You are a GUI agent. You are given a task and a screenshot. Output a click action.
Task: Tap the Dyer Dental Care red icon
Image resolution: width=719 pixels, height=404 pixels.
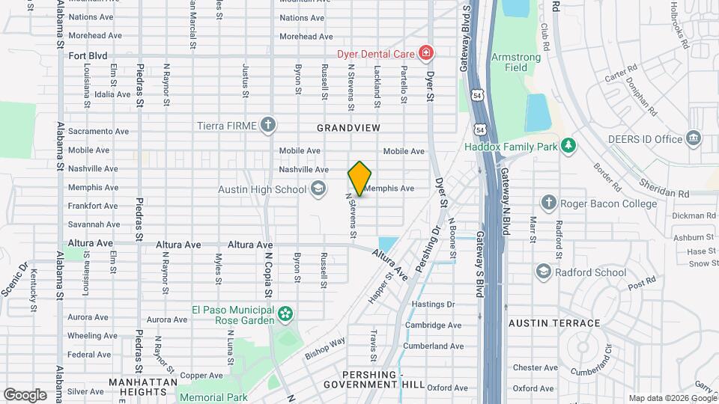click(425, 52)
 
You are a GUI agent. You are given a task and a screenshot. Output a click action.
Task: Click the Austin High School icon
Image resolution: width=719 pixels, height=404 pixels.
click(318, 189)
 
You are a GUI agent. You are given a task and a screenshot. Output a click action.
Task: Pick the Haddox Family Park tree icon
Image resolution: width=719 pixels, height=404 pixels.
click(569, 146)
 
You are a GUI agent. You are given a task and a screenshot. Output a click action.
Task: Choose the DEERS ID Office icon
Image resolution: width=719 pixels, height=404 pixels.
click(694, 138)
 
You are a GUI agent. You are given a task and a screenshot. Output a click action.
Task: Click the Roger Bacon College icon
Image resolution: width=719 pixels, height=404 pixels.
click(549, 203)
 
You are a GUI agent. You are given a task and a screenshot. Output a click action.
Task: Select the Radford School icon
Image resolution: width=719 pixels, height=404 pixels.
click(544, 272)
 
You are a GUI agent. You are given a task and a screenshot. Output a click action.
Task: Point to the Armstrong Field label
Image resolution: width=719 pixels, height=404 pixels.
click(509, 62)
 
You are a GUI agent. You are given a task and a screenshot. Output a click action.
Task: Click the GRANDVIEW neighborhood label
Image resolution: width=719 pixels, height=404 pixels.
click(348, 129)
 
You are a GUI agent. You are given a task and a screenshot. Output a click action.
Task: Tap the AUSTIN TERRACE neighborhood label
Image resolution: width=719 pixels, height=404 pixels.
click(554, 323)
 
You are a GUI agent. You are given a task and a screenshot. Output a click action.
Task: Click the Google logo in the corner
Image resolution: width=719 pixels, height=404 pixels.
click(25, 395)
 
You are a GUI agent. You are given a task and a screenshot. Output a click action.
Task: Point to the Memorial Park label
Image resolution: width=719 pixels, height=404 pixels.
click(213, 398)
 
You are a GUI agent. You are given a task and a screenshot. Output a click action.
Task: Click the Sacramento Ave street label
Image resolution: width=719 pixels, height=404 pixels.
click(98, 131)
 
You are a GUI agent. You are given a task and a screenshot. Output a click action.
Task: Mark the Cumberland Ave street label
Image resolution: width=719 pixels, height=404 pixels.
click(434, 346)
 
